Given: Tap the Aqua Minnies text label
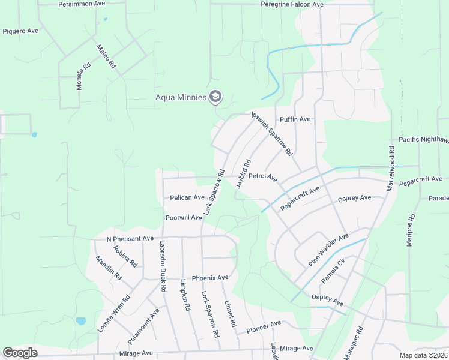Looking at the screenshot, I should (181, 97).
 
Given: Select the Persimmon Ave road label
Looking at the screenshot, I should (82, 4).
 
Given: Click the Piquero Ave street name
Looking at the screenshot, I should (20, 31).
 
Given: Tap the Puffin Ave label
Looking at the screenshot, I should (295, 119).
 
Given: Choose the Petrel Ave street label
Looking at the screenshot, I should (262, 178).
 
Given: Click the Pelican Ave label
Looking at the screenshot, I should (187, 197).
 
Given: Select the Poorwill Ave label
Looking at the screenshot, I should (184, 217).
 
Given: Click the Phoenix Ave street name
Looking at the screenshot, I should (210, 278).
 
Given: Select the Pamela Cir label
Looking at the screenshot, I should (334, 272).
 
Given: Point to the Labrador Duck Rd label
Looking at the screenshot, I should (162, 266).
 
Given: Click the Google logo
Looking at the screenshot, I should (20, 353).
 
